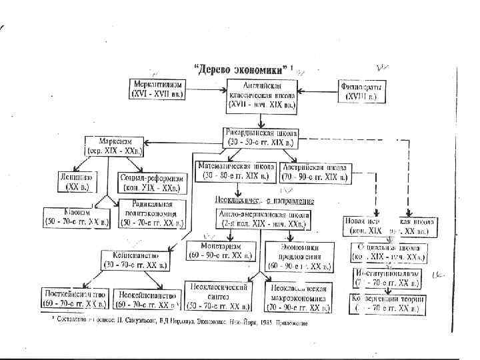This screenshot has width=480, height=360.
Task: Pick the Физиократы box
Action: [x=361, y=91]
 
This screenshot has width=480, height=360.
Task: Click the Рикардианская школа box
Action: [x=261, y=137]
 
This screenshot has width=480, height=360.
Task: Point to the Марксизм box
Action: [x=116, y=147]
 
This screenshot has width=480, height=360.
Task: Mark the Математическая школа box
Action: [x=234, y=171]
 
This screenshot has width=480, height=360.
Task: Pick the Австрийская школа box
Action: [x=314, y=171]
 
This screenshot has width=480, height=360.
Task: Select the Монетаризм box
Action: [x=219, y=251]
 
